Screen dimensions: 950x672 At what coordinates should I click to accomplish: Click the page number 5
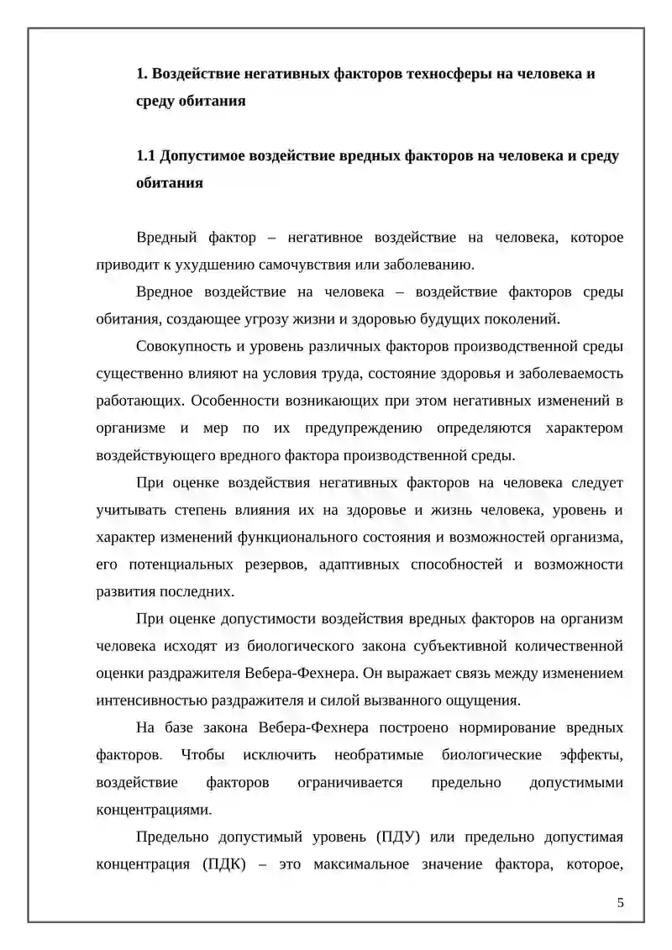(x=620, y=903)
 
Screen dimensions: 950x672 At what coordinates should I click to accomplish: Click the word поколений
(x=521, y=318)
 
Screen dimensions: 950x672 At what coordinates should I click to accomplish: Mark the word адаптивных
(x=359, y=564)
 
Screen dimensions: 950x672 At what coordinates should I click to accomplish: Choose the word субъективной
(x=415, y=645)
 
